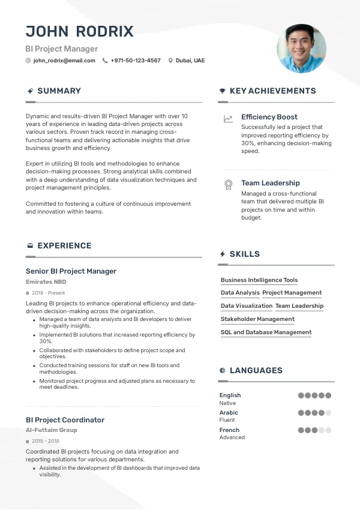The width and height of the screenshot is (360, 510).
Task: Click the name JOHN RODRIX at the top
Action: [x=80, y=32]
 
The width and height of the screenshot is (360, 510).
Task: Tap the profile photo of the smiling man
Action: [x=301, y=49]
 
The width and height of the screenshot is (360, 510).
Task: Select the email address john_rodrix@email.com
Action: [x=64, y=61]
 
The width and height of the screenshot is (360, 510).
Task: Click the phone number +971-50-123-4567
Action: [x=136, y=61]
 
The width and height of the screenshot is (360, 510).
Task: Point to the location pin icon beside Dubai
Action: [x=170, y=61]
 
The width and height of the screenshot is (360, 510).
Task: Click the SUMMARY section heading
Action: [x=59, y=91]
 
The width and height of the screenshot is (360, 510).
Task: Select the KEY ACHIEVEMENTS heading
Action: [x=272, y=91]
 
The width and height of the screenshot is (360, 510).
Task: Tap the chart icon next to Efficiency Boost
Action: [x=228, y=119]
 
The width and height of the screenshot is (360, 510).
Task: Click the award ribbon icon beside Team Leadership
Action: [x=228, y=185]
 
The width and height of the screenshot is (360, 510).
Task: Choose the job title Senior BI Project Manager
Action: [x=71, y=271]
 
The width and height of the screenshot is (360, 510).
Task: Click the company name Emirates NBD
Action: [x=46, y=282]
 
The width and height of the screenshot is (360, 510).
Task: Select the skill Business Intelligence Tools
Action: [x=259, y=280]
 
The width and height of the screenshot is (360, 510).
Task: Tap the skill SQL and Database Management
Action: [x=266, y=332]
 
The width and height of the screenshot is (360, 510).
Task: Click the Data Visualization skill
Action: [x=247, y=306]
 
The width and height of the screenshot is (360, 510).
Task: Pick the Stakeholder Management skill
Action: [x=257, y=319]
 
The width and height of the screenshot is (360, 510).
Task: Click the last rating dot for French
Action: [x=328, y=430]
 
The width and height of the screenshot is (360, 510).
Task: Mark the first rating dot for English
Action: [x=301, y=395]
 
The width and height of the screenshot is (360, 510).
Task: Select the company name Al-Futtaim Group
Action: [x=52, y=430]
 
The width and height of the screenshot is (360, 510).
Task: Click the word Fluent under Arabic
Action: [x=227, y=420]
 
